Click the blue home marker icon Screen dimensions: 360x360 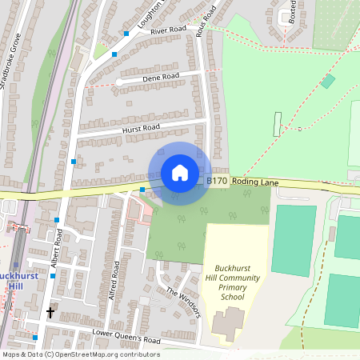pyautogui.click(x=180, y=172)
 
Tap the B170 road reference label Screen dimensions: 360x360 pyautogui.click(x=217, y=182)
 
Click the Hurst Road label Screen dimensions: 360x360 pyautogui.click(x=141, y=128)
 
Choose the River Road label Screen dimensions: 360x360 pyautogui.click(x=167, y=30)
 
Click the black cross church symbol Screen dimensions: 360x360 pyautogui.click(x=50, y=311)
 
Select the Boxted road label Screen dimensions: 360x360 pyautogui.click(x=293, y=11)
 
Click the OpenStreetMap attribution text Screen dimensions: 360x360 pyautogui.click(x=80, y=354)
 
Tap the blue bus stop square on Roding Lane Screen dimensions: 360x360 pyautogui.click(x=142, y=190)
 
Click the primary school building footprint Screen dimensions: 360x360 pyautogui.click(x=230, y=325)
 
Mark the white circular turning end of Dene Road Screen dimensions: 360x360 pyautogui.click(x=118, y=82)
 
